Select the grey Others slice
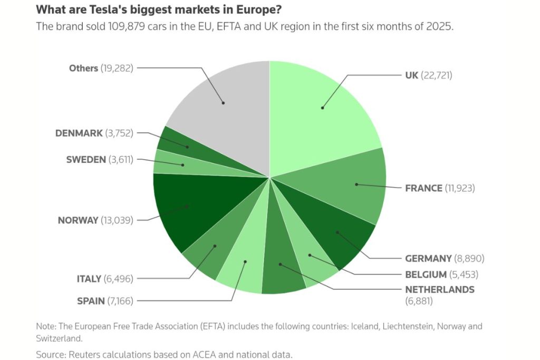pos(221,105)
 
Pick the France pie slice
pos(353,184)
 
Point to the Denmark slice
pos(179,143)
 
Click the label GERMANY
pos(428,258)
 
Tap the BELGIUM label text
pos(426,274)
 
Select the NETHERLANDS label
pos(439,289)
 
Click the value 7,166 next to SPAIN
pos(120,301)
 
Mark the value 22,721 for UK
pos(437,75)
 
